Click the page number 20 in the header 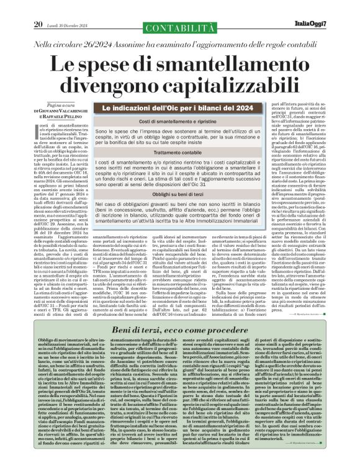coord(38,7)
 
